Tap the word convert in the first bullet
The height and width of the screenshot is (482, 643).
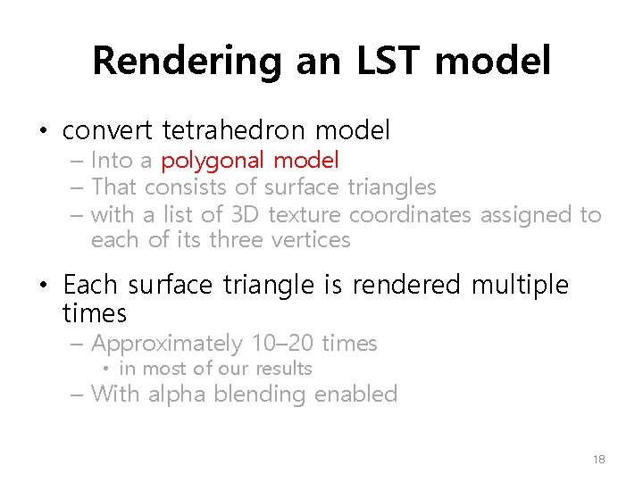click(109, 131)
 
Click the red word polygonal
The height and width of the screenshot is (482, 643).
click(213, 161)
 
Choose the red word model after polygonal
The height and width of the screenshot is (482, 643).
click(306, 161)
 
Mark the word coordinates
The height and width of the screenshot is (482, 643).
click(411, 214)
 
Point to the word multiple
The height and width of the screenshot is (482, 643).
click(520, 285)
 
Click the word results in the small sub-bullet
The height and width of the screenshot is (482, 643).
click(283, 369)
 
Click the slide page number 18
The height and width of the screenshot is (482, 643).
click(598, 460)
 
